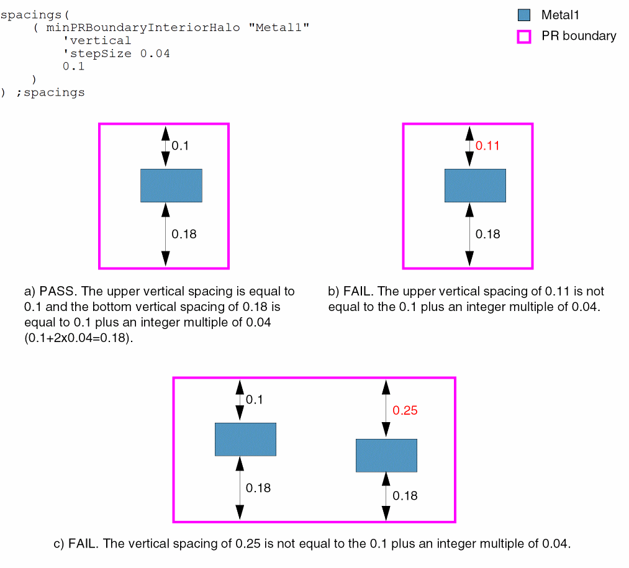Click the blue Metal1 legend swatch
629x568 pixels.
(x=524, y=16)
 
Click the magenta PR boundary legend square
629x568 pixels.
(x=524, y=37)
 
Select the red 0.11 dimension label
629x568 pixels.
(x=487, y=146)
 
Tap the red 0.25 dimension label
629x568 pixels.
(x=405, y=410)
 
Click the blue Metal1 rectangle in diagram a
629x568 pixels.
(x=171, y=185)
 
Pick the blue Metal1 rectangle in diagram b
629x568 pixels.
(x=475, y=185)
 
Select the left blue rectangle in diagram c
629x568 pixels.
(x=245, y=440)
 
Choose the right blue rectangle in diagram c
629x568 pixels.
(x=386, y=455)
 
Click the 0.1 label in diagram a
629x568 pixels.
(x=180, y=146)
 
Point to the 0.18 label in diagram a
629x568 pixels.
(x=184, y=234)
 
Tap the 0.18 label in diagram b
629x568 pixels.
(x=487, y=234)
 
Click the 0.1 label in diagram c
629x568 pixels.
(x=255, y=400)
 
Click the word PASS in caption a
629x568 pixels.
(x=55, y=291)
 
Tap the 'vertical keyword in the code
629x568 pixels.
(x=97, y=40)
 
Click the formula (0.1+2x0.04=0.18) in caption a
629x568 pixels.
(x=78, y=339)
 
